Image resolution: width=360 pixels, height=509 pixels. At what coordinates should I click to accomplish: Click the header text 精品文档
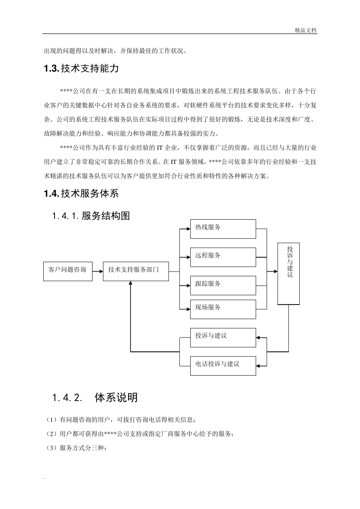305,31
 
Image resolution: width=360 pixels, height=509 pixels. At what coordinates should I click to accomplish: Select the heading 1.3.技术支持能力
81,69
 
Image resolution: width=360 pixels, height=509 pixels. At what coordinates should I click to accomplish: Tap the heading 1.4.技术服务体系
81,194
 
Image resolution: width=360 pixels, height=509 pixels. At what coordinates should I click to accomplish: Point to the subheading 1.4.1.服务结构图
91,216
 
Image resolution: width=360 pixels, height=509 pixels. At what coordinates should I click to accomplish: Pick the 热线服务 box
223,229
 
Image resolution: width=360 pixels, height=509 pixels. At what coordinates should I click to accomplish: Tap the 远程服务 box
223,257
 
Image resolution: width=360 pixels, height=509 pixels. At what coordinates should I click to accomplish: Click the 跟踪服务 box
223,285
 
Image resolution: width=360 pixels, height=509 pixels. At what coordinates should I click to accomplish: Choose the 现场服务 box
223,309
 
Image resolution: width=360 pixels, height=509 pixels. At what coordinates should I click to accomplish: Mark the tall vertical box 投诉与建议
288,273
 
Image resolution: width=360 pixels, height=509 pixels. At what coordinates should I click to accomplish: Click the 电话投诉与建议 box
223,365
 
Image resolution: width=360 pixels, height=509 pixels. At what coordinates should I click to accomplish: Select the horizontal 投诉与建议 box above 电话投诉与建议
223,337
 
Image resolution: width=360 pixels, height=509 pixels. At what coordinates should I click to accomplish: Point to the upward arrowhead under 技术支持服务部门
130,284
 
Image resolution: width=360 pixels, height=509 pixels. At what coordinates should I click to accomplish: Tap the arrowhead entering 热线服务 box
188,229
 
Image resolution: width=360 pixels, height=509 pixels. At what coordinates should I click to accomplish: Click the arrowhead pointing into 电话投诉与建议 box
259,365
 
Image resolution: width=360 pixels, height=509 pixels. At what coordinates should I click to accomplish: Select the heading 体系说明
116,398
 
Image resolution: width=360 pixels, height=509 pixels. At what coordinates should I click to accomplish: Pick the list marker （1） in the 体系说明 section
51,420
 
